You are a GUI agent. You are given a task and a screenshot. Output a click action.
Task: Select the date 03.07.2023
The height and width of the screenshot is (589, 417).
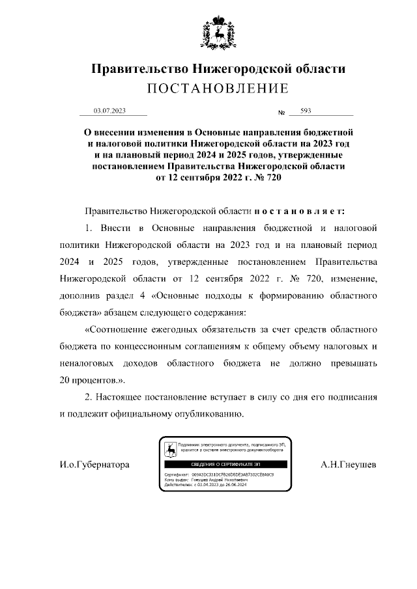coord(109,111)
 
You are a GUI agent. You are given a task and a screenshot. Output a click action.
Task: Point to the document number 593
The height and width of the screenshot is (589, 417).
coord(306,111)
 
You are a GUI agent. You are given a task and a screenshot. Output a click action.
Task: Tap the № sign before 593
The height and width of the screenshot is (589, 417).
coord(282,113)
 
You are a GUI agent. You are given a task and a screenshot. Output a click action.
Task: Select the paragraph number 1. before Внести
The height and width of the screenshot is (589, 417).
coord(90,229)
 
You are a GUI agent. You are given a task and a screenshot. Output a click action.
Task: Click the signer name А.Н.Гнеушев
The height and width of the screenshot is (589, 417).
coord(349,465)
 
